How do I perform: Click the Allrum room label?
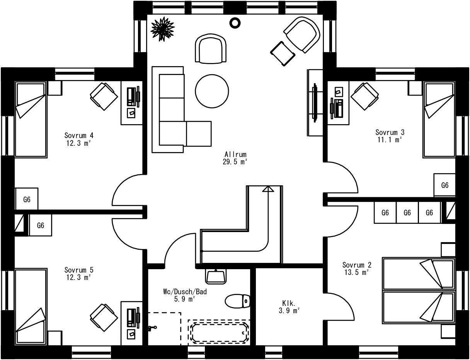click(235, 154)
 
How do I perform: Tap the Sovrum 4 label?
click(79, 135)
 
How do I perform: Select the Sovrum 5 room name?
click(79, 270)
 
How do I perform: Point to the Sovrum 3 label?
click(390, 132)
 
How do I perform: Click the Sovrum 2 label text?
click(357, 265)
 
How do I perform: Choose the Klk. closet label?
click(289, 303)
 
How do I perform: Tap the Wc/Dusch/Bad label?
click(185, 292)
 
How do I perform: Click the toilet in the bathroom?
click(237, 301)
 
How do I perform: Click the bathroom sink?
click(216, 276)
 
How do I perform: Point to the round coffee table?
click(212, 91)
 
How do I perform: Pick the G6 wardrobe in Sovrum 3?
click(445, 185)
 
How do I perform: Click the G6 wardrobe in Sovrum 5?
click(41, 225)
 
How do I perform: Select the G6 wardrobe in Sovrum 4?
click(27, 199)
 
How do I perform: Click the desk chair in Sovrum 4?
click(104, 97)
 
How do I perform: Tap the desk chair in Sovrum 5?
click(104, 317)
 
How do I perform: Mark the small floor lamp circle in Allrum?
click(235, 22)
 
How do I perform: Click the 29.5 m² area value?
click(235, 162)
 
